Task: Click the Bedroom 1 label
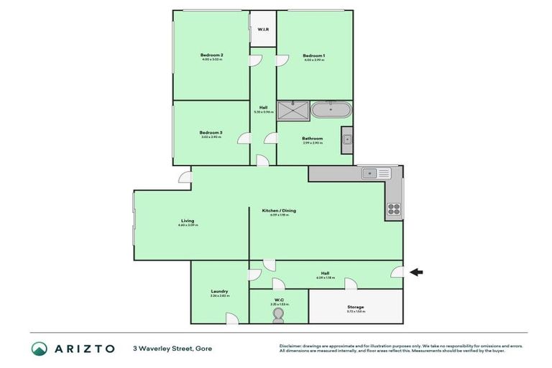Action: pos(313,55)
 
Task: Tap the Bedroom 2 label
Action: pos(211,55)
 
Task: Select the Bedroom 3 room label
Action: pos(211,132)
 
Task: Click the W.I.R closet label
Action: pos(263,29)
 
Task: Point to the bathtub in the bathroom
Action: pos(331,111)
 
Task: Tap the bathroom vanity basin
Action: pos(346,139)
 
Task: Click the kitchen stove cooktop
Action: pos(395,209)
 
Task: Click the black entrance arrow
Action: pos(416,272)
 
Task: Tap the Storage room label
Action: pos(356,307)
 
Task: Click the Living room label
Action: pos(188,221)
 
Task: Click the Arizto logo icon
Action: pos(40,348)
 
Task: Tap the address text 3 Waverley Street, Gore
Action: pos(172,349)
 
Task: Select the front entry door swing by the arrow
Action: pos(396,271)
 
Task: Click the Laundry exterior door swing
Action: pos(231,318)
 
